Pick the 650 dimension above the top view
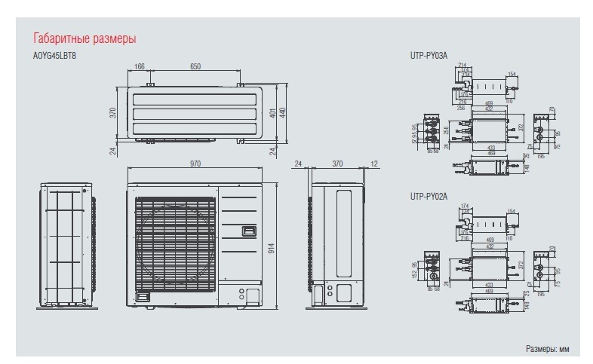(195, 68)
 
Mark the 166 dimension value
(140, 68)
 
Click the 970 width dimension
(195, 163)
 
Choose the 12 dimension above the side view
(374, 163)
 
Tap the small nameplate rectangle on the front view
(247, 230)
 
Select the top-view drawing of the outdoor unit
(195, 114)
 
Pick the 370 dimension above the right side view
(337, 163)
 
